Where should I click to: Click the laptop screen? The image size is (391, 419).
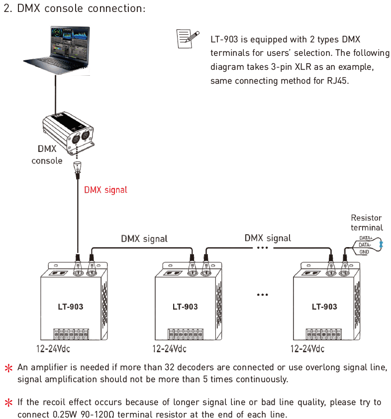pyautogui.click(x=70, y=43)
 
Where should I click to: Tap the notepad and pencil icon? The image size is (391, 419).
pyautogui.click(x=188, y=39)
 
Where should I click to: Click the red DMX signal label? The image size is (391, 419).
pyautogui.click(x=105, y=190)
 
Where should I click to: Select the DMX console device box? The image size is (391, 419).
pyautogui.click(x=68, y=133)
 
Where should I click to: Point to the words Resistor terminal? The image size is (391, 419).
pyautogui.click(x=367, y=223)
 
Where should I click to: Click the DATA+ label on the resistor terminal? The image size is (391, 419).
pyautogui.click(x=366, y=238)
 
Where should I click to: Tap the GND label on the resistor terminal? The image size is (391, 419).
pyautogui.click(x=364, y=252)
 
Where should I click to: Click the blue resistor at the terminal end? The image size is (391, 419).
pyautogui.click(x=381, y=244)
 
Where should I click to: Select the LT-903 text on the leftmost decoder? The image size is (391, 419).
pyautogui.click(x=71, y=306)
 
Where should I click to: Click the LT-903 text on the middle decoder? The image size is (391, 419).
pyautogui.click(x=185, y=306)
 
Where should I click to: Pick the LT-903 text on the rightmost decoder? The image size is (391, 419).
pyautogui.click(x=324, y=306)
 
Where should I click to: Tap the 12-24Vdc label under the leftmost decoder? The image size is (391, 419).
pyautogui.click(x=53, y=349)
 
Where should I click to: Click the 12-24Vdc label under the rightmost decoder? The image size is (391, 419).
pyautogui.click(x=307, y=349)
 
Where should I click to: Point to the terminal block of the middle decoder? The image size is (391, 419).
pyautogui.click(x=186, y=334)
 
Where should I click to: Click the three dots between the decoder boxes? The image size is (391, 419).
pyautogui.click(x=262, y=295)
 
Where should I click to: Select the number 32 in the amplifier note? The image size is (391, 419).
pyautogui.click(x=169, y=367)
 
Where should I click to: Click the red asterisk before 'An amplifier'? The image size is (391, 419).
pyautogui.click(x=8, y=368)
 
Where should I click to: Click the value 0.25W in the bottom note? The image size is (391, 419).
pyautogui.click(x=65, y=414)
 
